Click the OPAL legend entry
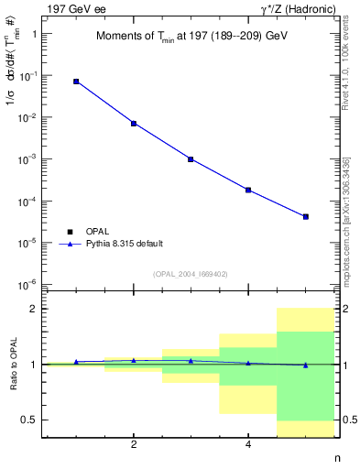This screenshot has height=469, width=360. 96,231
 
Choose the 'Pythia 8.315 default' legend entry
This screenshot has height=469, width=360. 123,244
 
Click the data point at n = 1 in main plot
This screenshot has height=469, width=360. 76,82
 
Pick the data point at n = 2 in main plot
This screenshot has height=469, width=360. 134,123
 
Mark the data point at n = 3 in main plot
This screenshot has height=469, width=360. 191,158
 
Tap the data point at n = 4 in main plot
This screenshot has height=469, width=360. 248,190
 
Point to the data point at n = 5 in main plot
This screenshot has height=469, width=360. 306,216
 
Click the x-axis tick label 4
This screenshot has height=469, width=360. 248,444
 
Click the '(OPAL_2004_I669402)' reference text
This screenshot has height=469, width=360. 191,273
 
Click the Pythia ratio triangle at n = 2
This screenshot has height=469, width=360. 134,360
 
